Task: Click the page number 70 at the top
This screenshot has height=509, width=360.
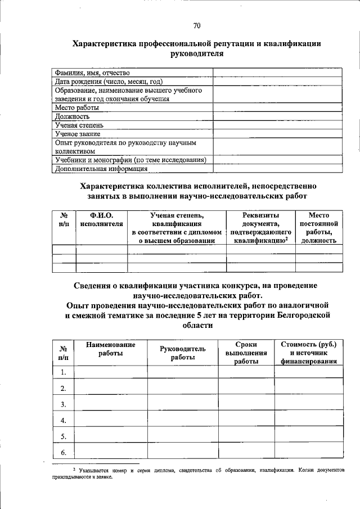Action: [196, 25]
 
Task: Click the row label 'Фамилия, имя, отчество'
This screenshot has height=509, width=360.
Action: [92, 73]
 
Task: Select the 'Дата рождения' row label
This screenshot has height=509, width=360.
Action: [109, 81]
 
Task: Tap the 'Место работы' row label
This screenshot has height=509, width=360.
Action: [77, 107]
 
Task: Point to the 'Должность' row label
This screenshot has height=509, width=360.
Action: [72, 116]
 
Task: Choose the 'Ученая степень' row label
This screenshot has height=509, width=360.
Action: [79, 125]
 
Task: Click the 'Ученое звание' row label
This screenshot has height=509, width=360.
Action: [77, 134]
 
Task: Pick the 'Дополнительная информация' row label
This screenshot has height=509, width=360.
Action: [101, 168]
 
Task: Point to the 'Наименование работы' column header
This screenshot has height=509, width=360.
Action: [111, 349]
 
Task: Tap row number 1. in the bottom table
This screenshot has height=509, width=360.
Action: [64, 372]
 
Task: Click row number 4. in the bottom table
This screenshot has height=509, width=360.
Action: [64, 421]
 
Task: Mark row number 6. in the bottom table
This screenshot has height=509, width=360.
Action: [64, 453]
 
